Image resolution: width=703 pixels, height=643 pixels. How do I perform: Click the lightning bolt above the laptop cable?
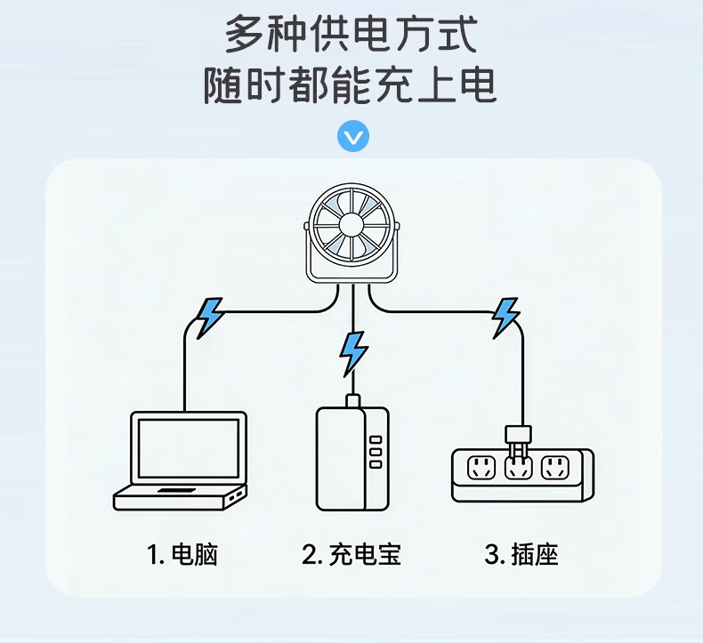click(210, 316)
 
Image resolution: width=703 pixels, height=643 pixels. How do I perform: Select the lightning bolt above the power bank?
click(353, 352)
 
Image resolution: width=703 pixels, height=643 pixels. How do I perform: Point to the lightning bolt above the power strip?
click(505, 317)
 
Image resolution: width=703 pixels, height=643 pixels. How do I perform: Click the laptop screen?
click(188, 450)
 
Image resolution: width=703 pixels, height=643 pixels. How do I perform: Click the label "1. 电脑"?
click(182, 556)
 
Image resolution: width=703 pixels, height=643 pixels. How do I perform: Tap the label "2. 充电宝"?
click(352, 556)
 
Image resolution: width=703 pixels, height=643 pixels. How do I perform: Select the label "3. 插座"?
click(522, 556)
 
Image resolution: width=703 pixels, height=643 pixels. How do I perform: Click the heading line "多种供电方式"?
click(351, 36)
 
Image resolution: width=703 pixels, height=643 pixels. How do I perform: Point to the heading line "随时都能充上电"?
click(351, 85)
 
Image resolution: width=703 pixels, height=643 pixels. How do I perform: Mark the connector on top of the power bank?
click(353, 401)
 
